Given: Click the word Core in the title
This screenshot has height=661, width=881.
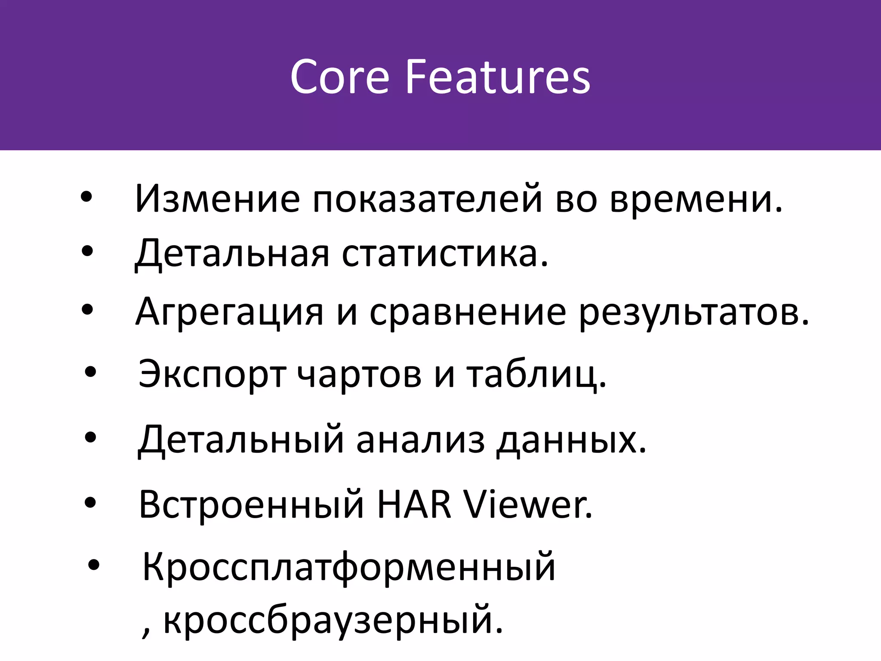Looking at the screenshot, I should tap(339, 77).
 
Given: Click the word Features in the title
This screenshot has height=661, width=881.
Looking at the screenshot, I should tap(498, 77).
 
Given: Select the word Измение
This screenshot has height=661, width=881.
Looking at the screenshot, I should tap(217, 199).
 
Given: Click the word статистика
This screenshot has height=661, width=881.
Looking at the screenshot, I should tap(445, 254).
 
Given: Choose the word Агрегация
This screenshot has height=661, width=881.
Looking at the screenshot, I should tap(229, 312).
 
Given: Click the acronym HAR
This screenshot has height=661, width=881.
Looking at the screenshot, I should tap(414, 504).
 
